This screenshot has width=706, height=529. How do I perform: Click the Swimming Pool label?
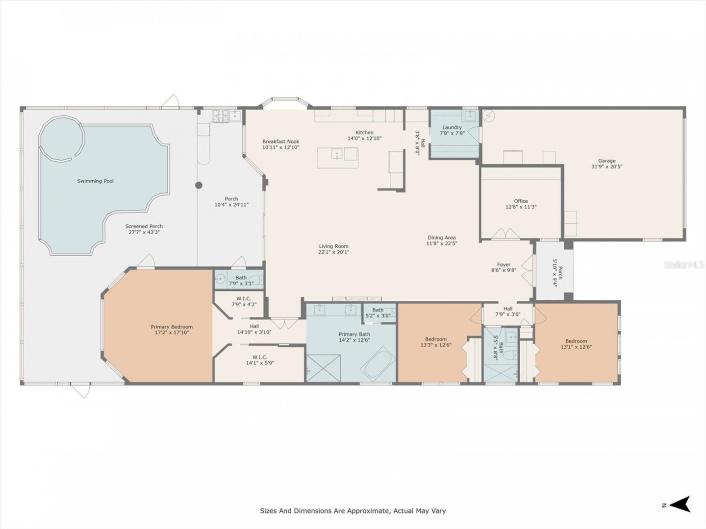click(x=95, y=181)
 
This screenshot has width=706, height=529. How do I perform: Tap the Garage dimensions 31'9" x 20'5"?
click(x=606, y=167)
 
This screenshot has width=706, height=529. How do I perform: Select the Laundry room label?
click(x=452, y=127)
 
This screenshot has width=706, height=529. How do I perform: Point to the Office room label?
click(x=521, y=201)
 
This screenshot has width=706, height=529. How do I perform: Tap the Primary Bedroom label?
click(x=172, y=327)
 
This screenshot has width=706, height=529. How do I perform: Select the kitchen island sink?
click(x=337, y=154)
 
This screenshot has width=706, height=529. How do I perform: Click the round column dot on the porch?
click(x=199, y=185)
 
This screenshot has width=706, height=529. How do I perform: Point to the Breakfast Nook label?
click(x=280, y=142)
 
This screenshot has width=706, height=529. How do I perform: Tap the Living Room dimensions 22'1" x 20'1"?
click(x=333, y=252)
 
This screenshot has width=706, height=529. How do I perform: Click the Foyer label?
click(x=504, y=264)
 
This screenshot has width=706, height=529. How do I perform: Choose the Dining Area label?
click(x=442, y=238)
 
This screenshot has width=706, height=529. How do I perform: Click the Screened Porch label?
click(x=144, y=226)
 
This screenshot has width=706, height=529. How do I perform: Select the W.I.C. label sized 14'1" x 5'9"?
click(x=260, y=357)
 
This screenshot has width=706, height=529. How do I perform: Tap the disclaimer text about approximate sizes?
click(x=353, y=511)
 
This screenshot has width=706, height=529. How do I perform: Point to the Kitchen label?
click(x=364, y=132)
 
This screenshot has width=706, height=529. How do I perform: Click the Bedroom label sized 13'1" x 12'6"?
click(x=576, y=341)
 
